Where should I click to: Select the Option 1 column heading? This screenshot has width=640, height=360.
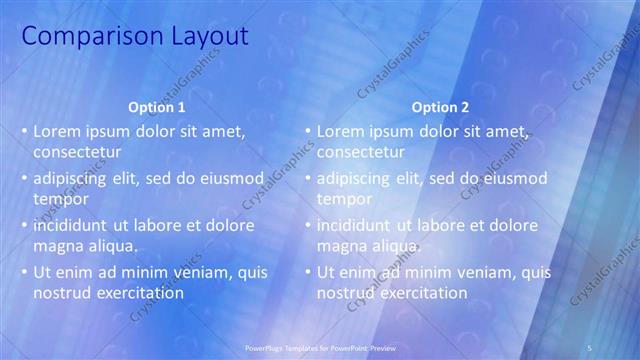coord(158,107)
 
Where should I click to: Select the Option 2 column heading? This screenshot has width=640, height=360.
coord(441,107)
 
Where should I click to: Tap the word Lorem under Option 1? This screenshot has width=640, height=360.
coord(57,131)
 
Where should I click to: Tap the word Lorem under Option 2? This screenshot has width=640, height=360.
coord(341,131)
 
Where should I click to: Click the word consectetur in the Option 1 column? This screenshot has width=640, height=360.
coord(78,152)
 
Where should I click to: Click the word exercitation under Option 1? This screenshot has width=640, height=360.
coord(134,293)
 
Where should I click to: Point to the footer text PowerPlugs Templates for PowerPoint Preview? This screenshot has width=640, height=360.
coord(320,347)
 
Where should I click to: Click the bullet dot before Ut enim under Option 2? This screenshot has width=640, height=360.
coord(308,272)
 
